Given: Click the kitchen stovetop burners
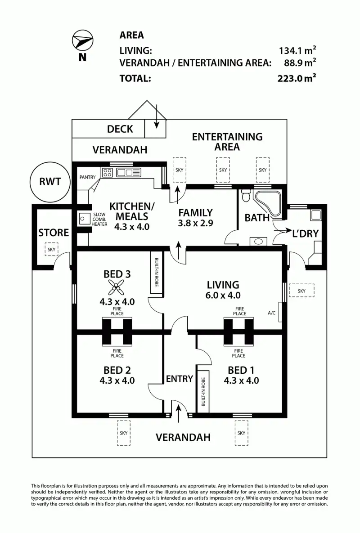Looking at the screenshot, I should (x=108, y=172).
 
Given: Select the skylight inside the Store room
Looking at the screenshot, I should (x=52, y=249).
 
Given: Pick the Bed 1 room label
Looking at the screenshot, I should (x=241, y=370).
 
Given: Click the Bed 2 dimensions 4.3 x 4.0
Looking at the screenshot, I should (x=117, y=381).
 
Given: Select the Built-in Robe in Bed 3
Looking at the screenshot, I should (x=156, y=271).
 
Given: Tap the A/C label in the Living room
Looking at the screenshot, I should (x=271, y=313).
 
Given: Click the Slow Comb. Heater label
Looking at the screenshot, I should (x=99, y=219).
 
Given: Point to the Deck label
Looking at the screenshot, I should (x=120, y=129).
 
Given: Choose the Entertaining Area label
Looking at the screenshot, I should (x=227, y=142).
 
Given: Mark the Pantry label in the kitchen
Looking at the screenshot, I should (x=87, y=177).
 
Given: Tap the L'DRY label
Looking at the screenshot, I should (x=305, y=233).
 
